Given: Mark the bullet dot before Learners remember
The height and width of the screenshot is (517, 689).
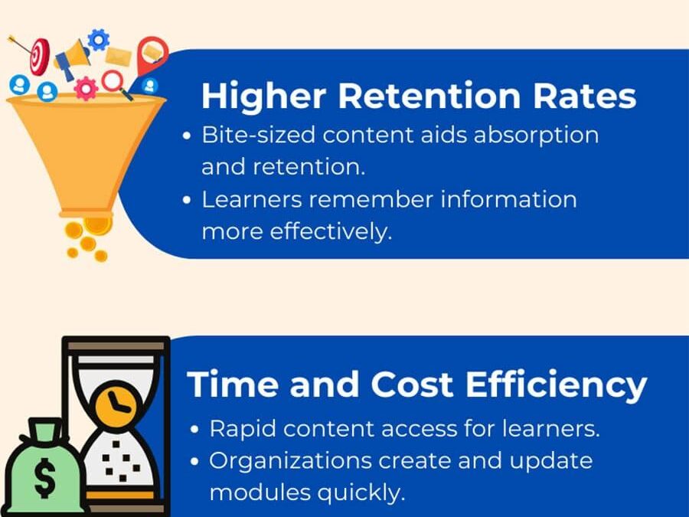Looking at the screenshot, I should point(188,200).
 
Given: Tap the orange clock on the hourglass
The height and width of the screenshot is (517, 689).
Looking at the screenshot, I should point(117,401).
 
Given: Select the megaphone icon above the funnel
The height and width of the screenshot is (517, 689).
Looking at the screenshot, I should point(73,58).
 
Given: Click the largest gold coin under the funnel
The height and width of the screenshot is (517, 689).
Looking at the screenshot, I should point(97,224).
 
